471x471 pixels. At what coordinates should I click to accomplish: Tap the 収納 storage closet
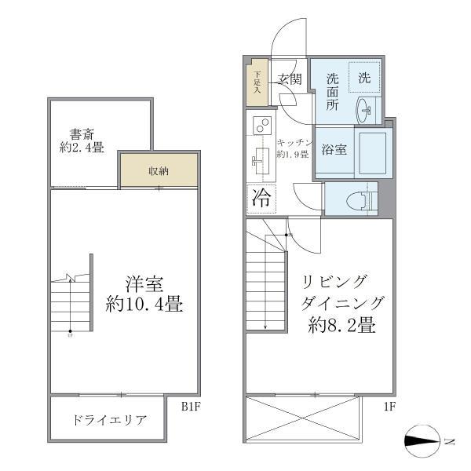pos(158,170)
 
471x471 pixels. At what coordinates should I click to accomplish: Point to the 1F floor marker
pos(389,407)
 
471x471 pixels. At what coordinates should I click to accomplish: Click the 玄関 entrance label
pos(289,79)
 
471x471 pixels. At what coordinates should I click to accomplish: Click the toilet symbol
pos(356,199)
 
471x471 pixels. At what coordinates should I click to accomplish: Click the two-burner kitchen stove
pos(261,125)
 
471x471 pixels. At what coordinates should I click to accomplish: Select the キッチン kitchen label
pos(295,143)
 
